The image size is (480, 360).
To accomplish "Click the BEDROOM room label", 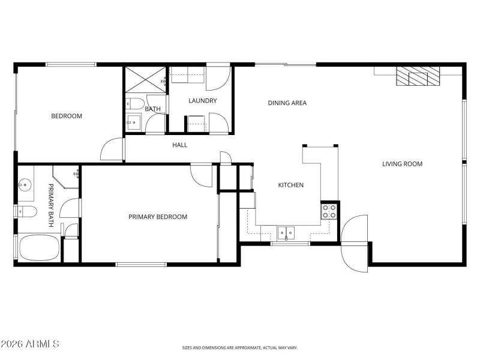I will tap(66, 116).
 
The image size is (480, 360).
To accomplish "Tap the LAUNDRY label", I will tap(202, 101).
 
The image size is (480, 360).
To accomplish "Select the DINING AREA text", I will tap(287, 103).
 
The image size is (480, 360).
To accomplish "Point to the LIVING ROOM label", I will tap(402, 164).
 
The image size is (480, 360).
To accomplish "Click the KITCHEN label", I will tap(290, 185).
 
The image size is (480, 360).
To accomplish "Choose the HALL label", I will tap(180, 145).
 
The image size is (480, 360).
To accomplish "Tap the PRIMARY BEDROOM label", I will tap(158, 217).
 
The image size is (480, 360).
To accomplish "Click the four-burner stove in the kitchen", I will tap(329, 211).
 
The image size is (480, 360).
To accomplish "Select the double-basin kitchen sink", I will tap(286, 231).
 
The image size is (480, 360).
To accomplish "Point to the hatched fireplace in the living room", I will tap(417, 76).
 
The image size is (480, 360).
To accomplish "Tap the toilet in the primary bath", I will tap(27, 211).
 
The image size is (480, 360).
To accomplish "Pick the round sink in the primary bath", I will tap(25, 184).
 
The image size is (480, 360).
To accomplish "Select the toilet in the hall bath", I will tap(133, 103).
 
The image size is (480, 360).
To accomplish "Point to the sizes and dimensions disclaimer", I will tap(240, 347).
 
